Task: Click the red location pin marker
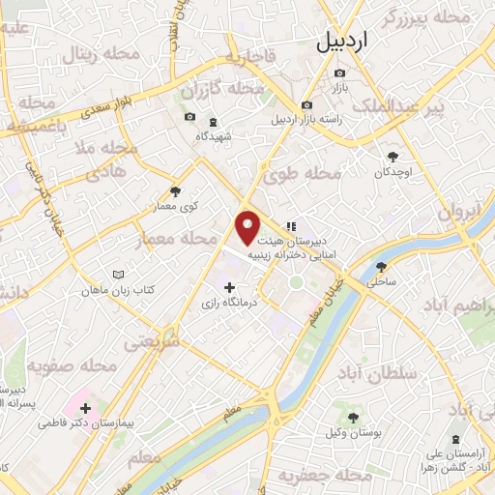248,227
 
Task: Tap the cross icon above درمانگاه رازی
229,287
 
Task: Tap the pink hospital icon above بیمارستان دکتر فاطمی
81,404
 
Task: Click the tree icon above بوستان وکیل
353,418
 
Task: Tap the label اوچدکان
393,173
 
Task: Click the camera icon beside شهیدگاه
189,119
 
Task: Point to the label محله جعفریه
311,476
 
